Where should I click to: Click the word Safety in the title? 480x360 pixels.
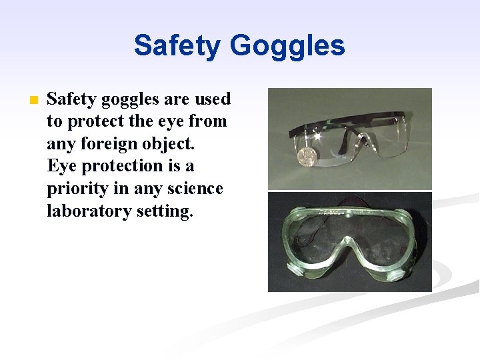177,45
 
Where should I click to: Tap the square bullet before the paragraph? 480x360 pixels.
34,101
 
